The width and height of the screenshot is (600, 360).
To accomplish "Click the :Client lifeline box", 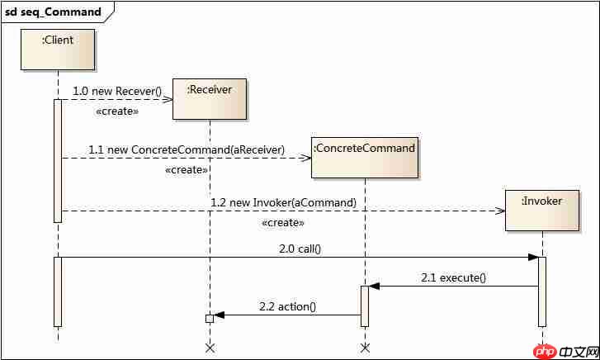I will pos(58,50).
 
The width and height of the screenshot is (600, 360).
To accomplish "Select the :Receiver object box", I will pos(210,99).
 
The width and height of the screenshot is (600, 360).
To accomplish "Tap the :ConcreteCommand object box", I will pos(364,157).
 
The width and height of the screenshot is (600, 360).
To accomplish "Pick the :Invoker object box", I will pos(542,211).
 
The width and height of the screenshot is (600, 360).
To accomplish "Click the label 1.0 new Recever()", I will pos(117,90).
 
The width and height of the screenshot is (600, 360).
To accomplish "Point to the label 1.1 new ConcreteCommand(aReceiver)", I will pos(187,149).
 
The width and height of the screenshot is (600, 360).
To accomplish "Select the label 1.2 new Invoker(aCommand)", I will pos(283,201).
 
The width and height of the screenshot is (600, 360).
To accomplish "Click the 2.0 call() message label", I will pos(299,249).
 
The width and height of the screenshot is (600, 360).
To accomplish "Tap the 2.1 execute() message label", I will pos(453,277).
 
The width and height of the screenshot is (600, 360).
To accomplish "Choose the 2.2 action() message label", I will pos(287,306).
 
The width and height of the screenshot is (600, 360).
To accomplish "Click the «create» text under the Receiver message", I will pos(117,111).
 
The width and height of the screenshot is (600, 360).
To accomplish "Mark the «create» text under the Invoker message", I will pos(283,223).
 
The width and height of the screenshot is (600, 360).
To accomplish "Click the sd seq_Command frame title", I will pos(54,12).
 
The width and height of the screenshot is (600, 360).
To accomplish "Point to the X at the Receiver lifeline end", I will pos(210,348).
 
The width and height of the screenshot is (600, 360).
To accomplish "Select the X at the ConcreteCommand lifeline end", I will pos(364,348).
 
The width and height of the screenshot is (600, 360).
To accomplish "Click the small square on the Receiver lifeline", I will pos(210,318).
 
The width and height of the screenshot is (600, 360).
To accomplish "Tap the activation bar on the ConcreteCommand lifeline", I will pos(364,306).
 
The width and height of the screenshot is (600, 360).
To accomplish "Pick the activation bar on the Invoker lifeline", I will pos(542,291).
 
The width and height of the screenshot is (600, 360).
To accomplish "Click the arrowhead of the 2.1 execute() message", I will pos(373,287).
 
